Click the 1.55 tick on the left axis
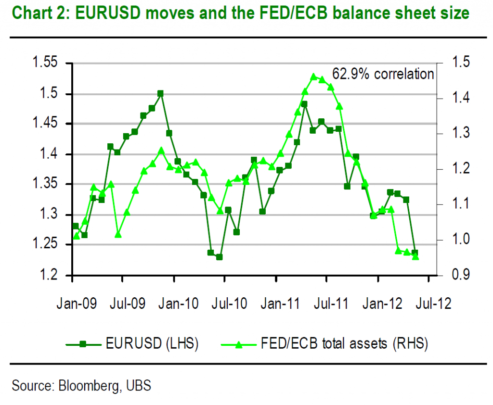click(44, 63)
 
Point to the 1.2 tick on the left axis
click(48, 275)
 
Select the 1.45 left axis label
click(44, 124)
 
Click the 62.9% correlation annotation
click(383, 74)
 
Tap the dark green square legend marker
click(83, 343)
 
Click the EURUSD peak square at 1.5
click(160, 93)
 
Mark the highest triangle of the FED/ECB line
click(313, 76)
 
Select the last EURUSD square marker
click(415, 253)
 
